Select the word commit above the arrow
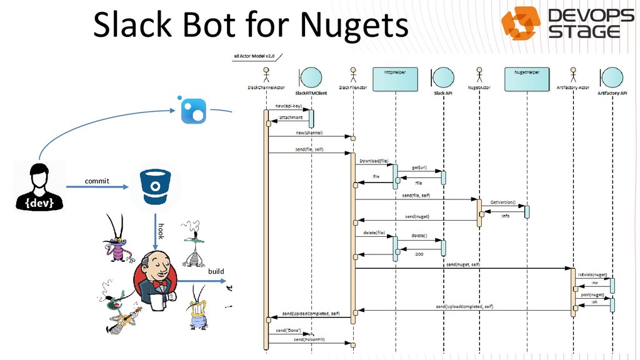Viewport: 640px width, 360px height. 97,181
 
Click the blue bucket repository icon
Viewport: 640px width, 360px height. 152,186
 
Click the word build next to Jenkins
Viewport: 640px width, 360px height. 216,272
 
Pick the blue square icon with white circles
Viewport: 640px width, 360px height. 192,111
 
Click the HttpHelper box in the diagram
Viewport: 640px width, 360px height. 395,77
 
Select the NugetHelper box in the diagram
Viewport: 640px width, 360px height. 526,77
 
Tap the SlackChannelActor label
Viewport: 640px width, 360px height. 266,87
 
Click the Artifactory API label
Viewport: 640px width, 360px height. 612,92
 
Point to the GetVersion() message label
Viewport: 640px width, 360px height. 502,203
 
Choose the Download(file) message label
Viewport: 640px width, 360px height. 374,161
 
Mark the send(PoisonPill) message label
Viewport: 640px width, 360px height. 309,340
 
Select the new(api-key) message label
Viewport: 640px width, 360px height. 288,106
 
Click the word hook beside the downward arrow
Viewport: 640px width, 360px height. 161,230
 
